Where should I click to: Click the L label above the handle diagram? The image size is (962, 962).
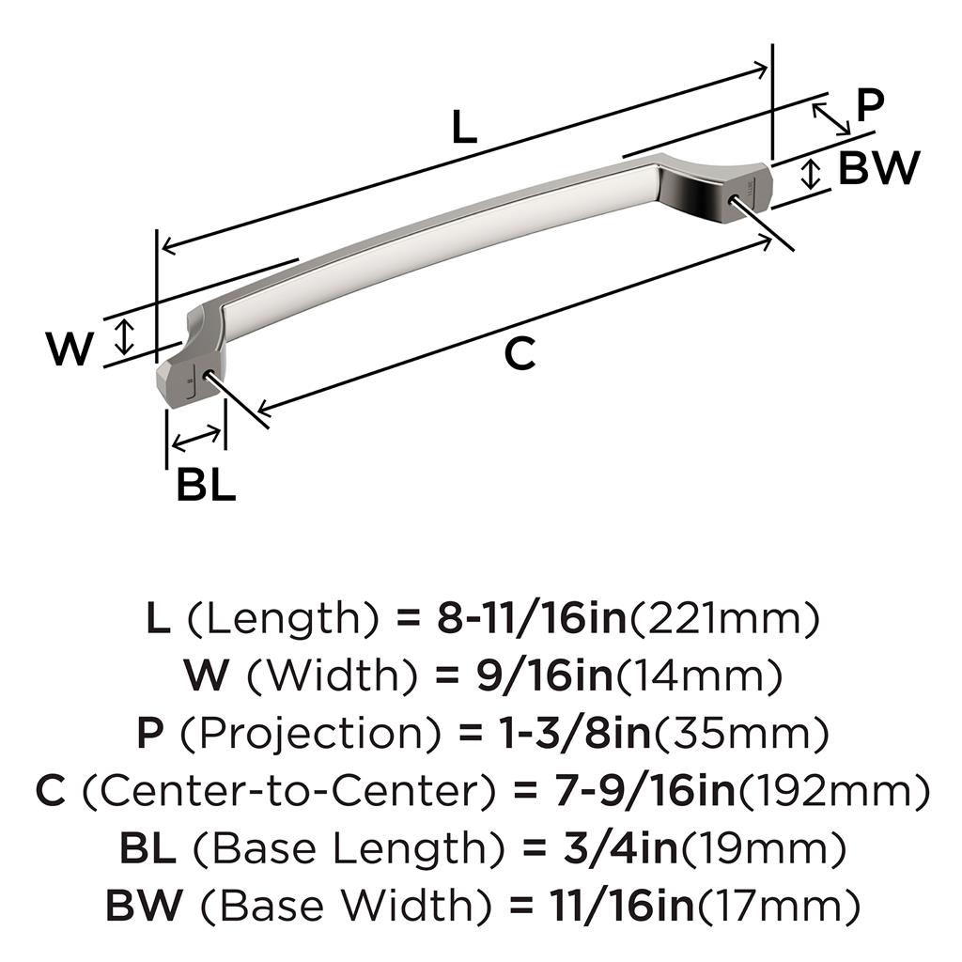pos(464,127)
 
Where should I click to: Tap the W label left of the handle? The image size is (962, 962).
pos(70,349)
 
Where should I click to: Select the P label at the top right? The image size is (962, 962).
pos(870,105)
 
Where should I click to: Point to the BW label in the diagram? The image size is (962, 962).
pos(879,168)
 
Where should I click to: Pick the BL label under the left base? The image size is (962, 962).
pos(206,485)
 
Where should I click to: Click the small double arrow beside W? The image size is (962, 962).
pos(125,337)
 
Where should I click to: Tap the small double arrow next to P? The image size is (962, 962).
pos(831,119)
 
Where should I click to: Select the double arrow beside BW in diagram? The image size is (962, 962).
pos(811,174)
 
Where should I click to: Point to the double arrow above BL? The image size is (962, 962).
pos(196,438)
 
